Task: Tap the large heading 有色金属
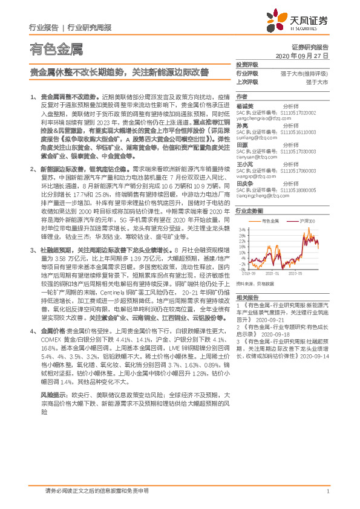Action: pyautogui.click(x=56, y=49)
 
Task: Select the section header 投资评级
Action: pyautogui.click(x=247, y=64)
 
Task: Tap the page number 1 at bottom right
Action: pyautogui.click(x=327, y=492)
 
